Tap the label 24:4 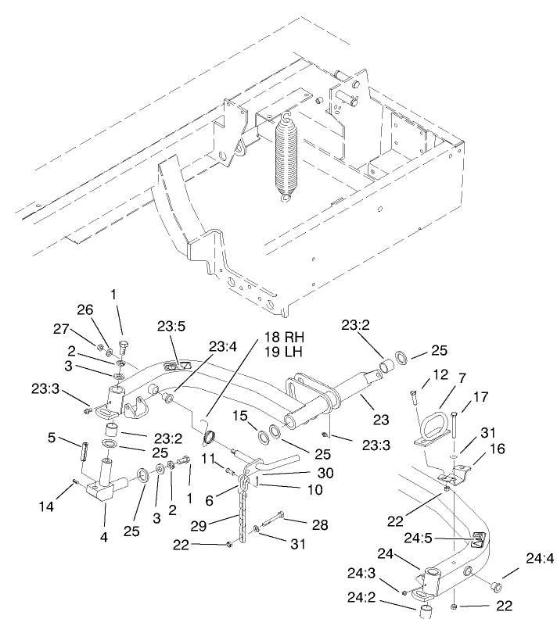(540, 558)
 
